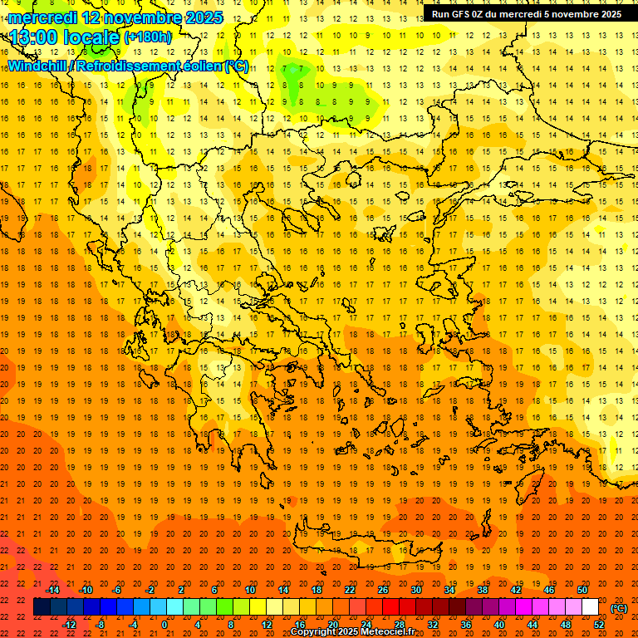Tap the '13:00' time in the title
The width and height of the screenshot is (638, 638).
pos(33,37)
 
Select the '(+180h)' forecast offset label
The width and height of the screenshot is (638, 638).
pos(147,37)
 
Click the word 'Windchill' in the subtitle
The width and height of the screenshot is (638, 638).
pos(37,66)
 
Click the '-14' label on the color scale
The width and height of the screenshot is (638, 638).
pos(52,590)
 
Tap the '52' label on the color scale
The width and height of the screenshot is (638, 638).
pos(600,625)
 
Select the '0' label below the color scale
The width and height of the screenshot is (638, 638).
pos(164,625)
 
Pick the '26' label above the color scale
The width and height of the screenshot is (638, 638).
pos(383,590)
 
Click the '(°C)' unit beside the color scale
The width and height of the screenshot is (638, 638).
pos(619,608)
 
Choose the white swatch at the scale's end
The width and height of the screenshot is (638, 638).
pos(591,607)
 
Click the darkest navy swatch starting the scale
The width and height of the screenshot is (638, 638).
pos(42,607)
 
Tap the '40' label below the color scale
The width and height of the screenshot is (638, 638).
pos(499,625)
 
